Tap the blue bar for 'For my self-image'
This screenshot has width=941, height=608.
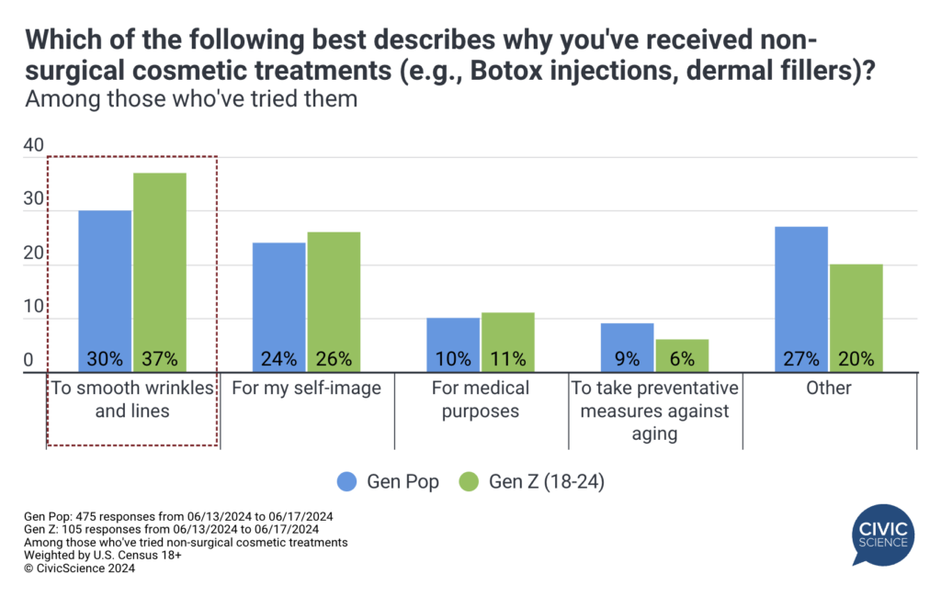click(x=278, y=307)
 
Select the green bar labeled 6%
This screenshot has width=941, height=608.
click(x=682, y=355)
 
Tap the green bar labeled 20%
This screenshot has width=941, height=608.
click(x=856, y=318)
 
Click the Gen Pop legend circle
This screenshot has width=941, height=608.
click(x=347, y=481)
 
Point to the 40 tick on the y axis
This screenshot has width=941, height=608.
click(x=33, y=145)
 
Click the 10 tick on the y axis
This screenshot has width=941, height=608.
click(x=33, y=307)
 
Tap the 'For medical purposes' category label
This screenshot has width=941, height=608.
click(x=481, y=400)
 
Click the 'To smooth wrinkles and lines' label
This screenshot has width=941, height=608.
click(x=132, y=400)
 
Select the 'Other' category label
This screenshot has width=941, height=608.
click(x=829, y=388)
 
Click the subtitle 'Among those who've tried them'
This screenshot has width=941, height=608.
click(x=191, y=98)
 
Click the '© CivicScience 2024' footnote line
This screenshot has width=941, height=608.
click(x=80, y=569)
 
